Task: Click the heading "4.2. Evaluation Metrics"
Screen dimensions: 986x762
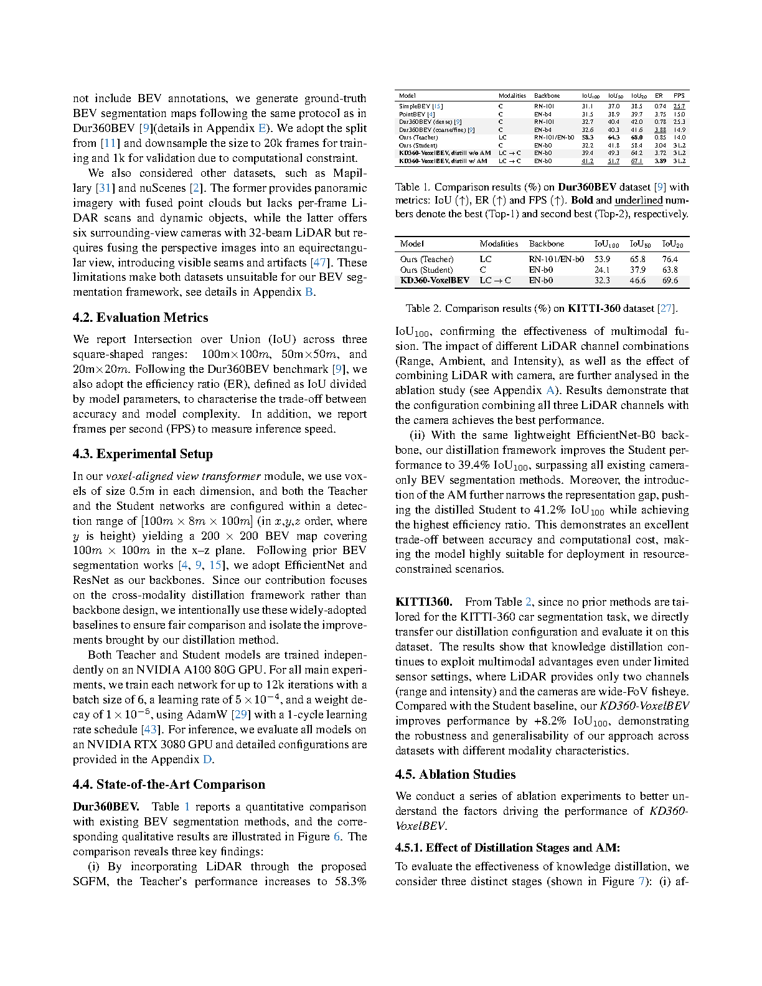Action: tap(140, 317)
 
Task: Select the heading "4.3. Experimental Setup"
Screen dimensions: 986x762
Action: tap(143, 454)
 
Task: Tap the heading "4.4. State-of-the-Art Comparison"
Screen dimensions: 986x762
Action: tap(169, 784)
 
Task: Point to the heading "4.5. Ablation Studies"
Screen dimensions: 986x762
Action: tap(455, 774)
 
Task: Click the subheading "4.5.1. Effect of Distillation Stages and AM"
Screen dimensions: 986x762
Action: tap(507, 847)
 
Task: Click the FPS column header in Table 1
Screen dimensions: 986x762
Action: tap(679, 96)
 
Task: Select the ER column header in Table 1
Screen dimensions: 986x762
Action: tap(659, 96)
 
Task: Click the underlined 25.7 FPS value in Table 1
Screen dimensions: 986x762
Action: tap(679, 106)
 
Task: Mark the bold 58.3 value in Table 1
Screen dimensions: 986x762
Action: tap(587, 138)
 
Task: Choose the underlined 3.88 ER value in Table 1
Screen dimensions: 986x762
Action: tap(660, 130)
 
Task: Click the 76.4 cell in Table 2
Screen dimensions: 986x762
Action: tap(670, 259)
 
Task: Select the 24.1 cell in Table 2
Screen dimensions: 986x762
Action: tap(602, 270)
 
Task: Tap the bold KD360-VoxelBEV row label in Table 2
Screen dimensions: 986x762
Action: tap(435, 281)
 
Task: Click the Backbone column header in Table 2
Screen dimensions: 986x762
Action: tap(547, 244)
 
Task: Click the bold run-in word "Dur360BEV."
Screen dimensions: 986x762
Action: tap(106, 807)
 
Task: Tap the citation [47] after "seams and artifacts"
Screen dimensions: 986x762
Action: tap(319, 263)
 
